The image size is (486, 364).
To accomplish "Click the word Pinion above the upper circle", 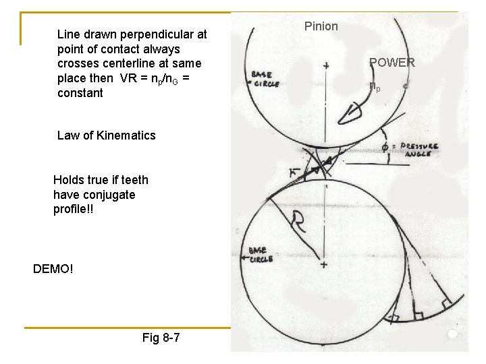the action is point(321,26).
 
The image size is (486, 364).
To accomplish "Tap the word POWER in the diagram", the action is point(392,63).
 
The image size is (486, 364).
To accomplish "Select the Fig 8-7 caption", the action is point(161,337).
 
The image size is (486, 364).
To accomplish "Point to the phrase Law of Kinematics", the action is point(107,135).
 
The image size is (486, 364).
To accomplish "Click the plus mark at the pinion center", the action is point(326,66).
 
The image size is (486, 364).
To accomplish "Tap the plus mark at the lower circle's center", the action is point(324,266).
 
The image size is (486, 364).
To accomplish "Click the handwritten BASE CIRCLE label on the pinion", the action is point(265,79).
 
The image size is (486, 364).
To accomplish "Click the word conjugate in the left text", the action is point(94,195).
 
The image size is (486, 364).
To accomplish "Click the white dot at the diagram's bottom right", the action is point(452,334).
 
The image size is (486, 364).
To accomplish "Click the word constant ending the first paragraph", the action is point(80,93).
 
